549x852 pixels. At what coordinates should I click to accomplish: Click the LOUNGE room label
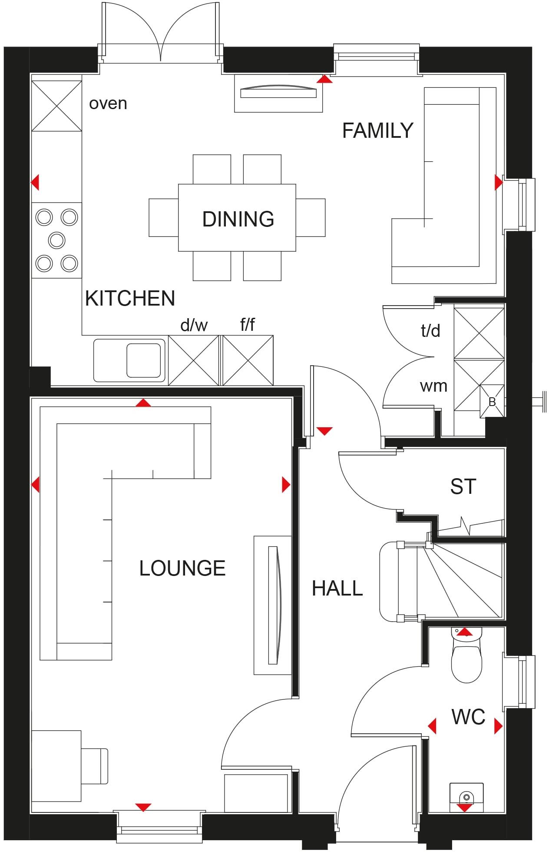pyautogui.click(x=182, y=568)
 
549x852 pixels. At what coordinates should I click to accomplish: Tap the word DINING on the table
pyautogui.click(x=238, y=219)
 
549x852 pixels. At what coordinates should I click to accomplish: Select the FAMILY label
pyautogui.click(x=377, y=131)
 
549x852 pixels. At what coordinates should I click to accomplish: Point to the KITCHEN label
pyautogui.click(x=130, y=299)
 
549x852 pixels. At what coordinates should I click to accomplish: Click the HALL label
pyautogui.click(x=337, y=589)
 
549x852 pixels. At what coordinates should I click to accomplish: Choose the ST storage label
pyautogui.click(x=463, y=487)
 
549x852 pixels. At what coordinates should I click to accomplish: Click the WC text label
pyautogui.click(x=468, y=717)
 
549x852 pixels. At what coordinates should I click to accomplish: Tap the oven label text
pyautogui.click(x=108, y=103)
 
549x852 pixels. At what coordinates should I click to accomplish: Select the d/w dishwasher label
pyautogui.click(x=194, y=325)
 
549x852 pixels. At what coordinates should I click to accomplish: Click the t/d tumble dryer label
pyautogui.click(x=430, y=331)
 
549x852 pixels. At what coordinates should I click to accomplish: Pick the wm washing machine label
pyautogui.click(x=433, y=386)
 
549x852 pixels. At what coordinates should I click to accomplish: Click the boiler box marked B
pyautogui.click(x=492, y=402)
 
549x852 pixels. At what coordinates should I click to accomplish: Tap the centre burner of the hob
pyautogui.click(x=57, y=240)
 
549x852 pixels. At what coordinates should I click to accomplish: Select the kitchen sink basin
pyautogui.click(x=143, y=360)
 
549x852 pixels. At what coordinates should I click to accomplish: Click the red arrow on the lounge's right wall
pyautogui.click(x=285, y=484)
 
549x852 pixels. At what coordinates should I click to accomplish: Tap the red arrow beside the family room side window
pyautogui.click(x=498, y=183)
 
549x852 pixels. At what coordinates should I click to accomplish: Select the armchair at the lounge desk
pyautogui.click(x=95, y=766)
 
